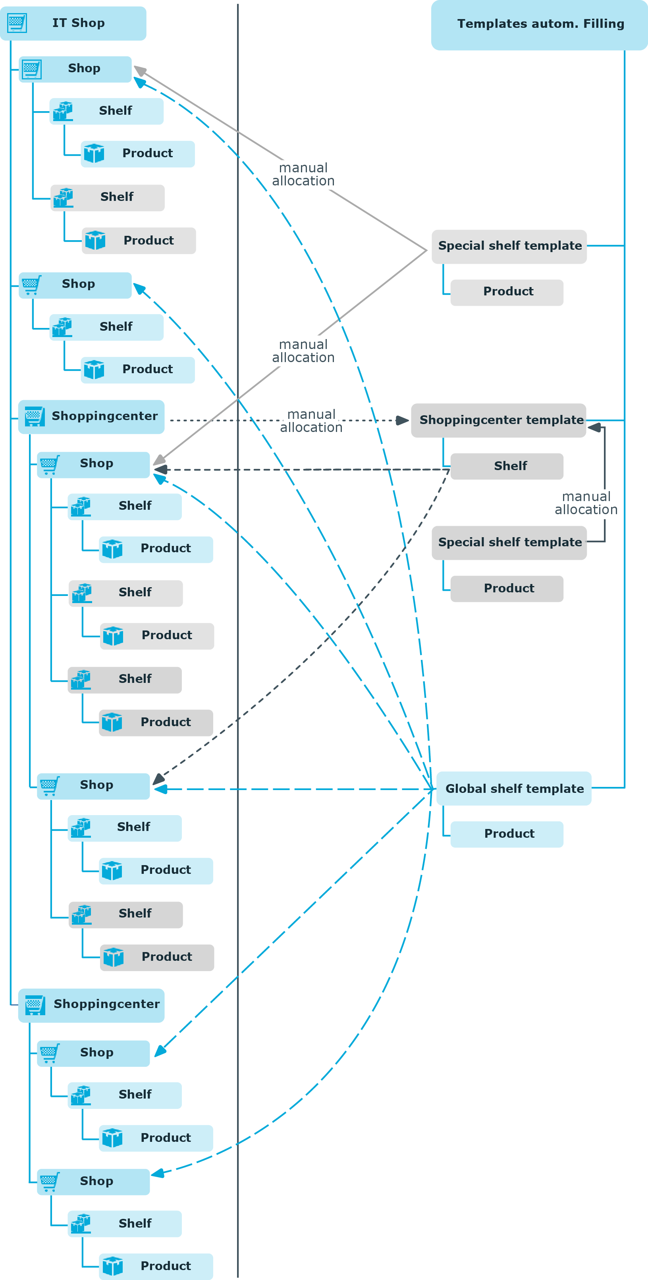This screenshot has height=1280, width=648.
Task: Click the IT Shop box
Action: point(73,23)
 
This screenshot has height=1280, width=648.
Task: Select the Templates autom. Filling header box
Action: point(539,25)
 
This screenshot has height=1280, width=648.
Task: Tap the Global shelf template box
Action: point(514,788)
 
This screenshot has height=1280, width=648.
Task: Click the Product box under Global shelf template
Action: point(507,834)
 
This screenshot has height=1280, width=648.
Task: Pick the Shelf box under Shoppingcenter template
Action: point(507,466)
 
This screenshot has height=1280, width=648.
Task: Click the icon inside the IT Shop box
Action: point(17,23)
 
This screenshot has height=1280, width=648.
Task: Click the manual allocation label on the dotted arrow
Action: point(311,421)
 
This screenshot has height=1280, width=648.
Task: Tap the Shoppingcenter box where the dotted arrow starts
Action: point(91,417)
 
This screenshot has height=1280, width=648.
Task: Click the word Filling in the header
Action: point(604,24)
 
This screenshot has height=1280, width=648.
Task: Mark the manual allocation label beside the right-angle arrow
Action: point(586,503)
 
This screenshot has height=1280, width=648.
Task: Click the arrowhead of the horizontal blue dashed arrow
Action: point(160,789)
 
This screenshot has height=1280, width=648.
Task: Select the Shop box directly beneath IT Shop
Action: point(75,69)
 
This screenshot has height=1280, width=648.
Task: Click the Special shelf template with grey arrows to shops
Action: point(509,247)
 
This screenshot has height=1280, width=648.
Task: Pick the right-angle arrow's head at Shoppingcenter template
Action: point(594,427)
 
